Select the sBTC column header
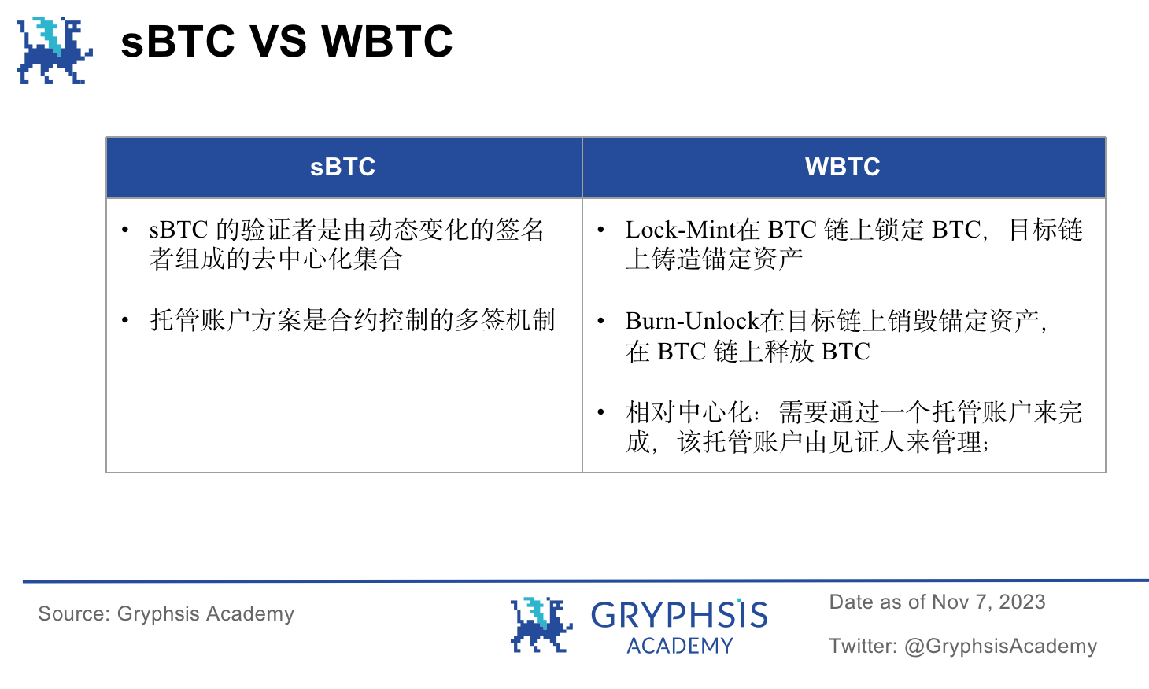tap(343, 167)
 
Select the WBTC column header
tap(843, 167)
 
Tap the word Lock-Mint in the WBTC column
tap(682, 230)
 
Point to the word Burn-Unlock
tap(693, 321)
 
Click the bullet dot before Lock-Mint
tap(601, 230)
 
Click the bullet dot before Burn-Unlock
tap(601, 321)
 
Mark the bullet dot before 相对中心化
tap(601, 412)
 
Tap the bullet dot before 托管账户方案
tap(125, 320)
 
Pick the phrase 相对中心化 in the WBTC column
tap(688, 412)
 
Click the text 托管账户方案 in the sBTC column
tap(226, 320)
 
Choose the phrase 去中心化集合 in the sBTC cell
tap(327, 259)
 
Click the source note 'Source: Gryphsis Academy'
tap(166, 613)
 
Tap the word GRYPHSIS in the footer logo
tap(679, 615)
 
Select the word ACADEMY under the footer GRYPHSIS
tap(680, 646)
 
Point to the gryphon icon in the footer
tap(541, 625)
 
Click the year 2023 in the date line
tap(1022, 602)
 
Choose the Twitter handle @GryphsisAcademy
tap(1000, 646)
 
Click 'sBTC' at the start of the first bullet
tap(179, 230)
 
